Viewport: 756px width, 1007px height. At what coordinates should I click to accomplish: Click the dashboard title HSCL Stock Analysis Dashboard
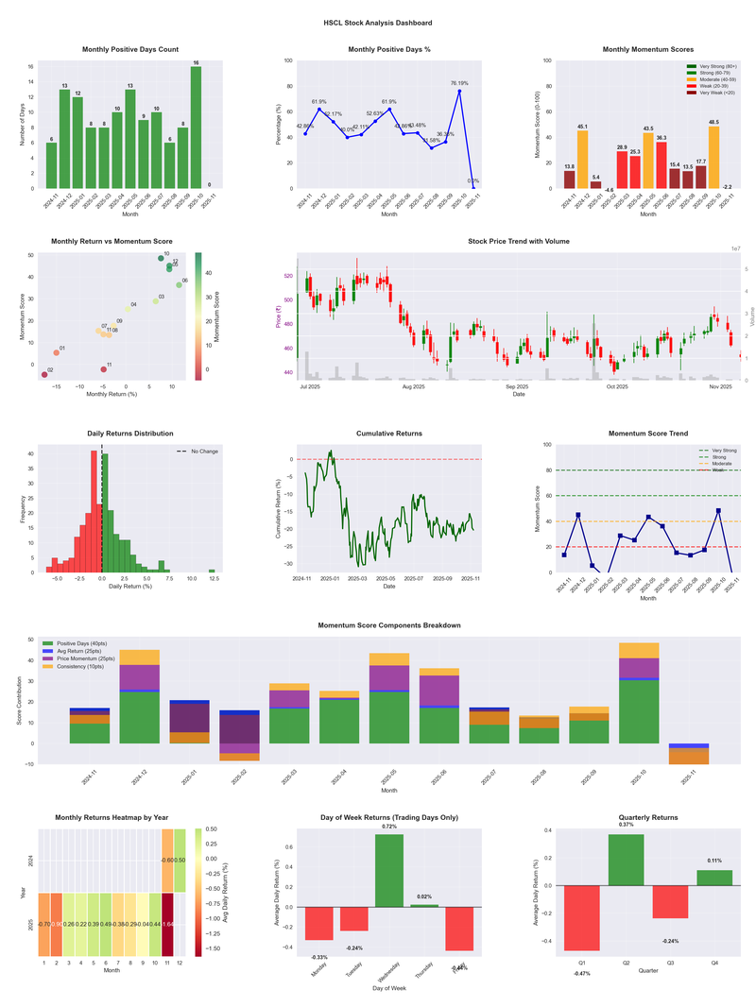click(x=377, y=23)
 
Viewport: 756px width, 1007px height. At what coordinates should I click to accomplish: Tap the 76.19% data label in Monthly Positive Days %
click(x=459, y=83)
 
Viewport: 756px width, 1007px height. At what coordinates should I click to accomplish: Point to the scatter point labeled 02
click(x=43, y=375)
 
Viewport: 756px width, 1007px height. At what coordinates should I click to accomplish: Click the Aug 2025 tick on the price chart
click(x=413, y=386)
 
